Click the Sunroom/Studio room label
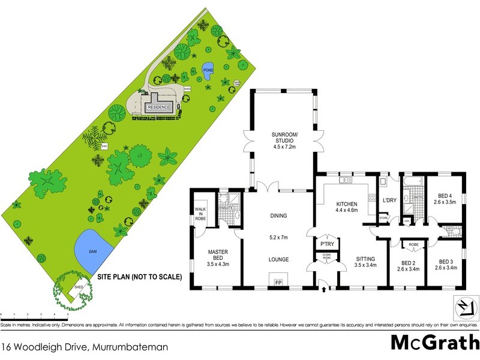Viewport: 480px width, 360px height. point(282,144)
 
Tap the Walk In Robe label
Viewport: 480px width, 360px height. point(200,214)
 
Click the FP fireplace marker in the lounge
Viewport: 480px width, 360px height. point(278,281)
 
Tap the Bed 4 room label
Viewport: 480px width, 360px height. point(444,199)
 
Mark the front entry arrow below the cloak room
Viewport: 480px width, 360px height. point(325,290)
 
